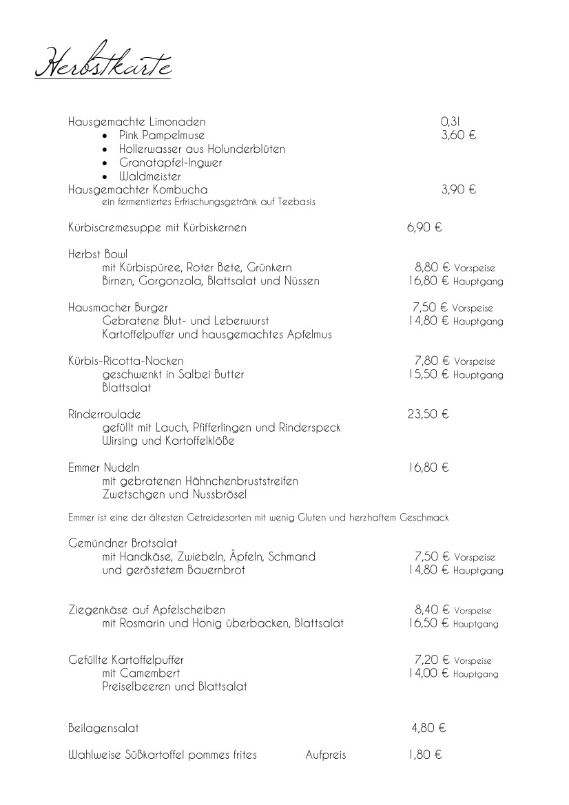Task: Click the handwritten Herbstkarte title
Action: click(x=103, y=61)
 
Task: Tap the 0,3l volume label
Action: click(x=450, y=122)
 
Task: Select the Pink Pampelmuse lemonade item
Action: click(x=162, y=135)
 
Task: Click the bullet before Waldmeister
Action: click(x=104, y=176)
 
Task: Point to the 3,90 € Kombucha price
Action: click(x=459, y=189)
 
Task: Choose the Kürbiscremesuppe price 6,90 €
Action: click(x=424, y=227)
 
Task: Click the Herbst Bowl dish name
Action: click(x=98, y=254)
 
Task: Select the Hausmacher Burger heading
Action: click(x=118, y=307)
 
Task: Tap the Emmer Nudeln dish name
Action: click(x=104, y=468)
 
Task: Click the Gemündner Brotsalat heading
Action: click(x=123, y=543)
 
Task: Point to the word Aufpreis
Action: click(x=326, y=755)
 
